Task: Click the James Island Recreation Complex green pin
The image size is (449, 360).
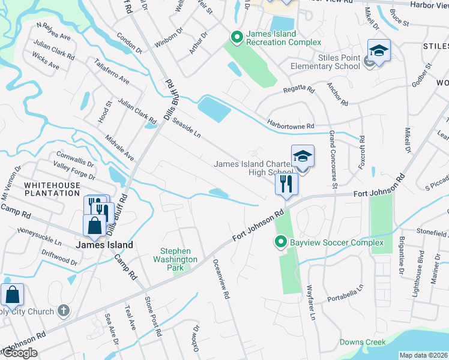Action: pyautogui.click(x=237, y=38)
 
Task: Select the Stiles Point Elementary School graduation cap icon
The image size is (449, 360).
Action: pyautogui.click(x=379, y=50)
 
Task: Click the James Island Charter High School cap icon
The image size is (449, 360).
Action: pyautogui.click(x=303, y=157)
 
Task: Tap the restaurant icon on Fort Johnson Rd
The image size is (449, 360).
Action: pyautogui.click(x=286, y=184)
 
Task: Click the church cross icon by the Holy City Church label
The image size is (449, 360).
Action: pyautogui.click(x=64, y=310)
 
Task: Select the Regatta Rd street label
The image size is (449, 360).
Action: pyautogui.click(x=298, y=90)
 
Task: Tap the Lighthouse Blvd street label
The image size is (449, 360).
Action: pyautogui.click(x=421, y=266)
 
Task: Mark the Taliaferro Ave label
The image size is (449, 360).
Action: pyautogui.click(x=112, y=71)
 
